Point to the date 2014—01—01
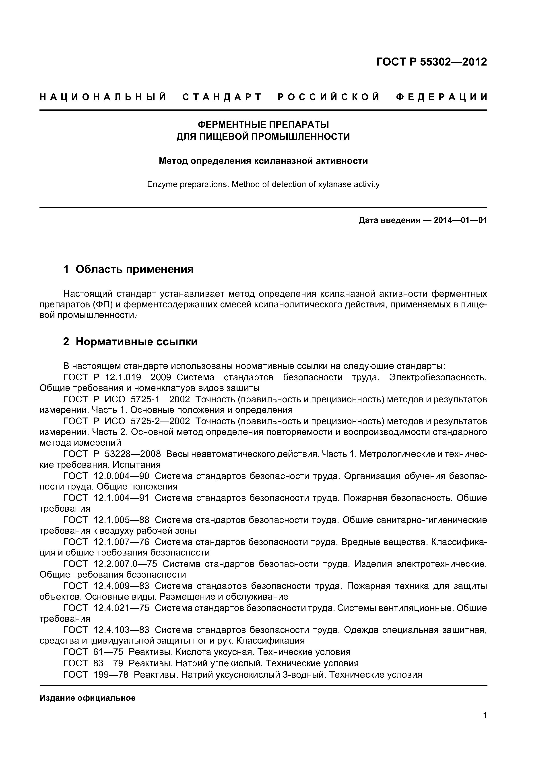460,220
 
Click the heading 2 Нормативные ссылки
130,341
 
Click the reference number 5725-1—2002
160,399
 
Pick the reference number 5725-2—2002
160,421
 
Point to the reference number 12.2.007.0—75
125,564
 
